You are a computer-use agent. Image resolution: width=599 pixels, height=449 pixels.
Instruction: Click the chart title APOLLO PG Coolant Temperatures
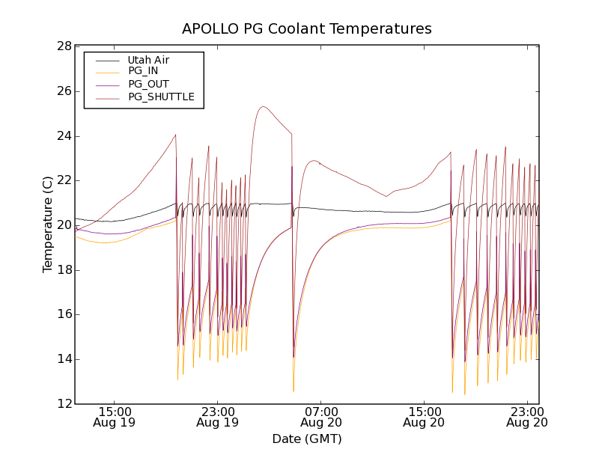(x=307, y=29)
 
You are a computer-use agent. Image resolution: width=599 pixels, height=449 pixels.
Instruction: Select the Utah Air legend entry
(x=148, y=60)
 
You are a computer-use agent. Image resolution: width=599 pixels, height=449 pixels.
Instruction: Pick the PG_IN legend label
(x=143, y=71)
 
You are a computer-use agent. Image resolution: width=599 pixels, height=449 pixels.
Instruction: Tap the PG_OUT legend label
(x=148, y=84)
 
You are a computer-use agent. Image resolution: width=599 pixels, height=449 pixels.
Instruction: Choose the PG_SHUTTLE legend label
(x=161, y=97)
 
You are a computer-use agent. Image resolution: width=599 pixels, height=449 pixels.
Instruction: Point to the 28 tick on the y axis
(x=64, y=46)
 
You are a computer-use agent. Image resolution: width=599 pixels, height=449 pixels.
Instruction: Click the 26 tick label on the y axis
(x=64, y=91)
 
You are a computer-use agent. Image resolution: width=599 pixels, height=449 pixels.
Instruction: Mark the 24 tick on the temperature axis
(x=64, y=136)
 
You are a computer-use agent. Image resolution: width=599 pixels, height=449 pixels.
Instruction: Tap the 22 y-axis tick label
(x=64, y=180)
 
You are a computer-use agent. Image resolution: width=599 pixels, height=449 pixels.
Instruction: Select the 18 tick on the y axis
(x=64, y=270)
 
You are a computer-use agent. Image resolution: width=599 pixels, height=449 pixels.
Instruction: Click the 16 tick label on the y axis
(x=64, y=314)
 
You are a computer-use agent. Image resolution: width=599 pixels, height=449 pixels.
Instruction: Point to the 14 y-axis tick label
(x=64, y=359)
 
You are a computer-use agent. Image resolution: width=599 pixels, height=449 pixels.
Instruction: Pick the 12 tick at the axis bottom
(x=64, y=404)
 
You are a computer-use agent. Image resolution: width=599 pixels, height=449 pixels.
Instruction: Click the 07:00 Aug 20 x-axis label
(x=320, y=417)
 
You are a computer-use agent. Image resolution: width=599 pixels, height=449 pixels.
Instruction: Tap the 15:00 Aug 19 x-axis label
(x=115, y=417)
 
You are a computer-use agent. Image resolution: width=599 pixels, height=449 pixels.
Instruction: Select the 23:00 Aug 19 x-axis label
(x=217, y=417)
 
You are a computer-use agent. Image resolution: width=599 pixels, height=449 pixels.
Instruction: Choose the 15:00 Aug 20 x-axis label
(x=424, y=417)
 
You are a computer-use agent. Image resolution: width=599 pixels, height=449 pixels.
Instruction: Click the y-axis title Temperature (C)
(x=47, y=224)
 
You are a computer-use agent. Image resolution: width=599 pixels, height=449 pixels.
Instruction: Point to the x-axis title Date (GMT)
(x=307, y=439)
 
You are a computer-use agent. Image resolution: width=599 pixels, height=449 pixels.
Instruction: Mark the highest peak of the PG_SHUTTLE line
(x=263, y=106)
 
